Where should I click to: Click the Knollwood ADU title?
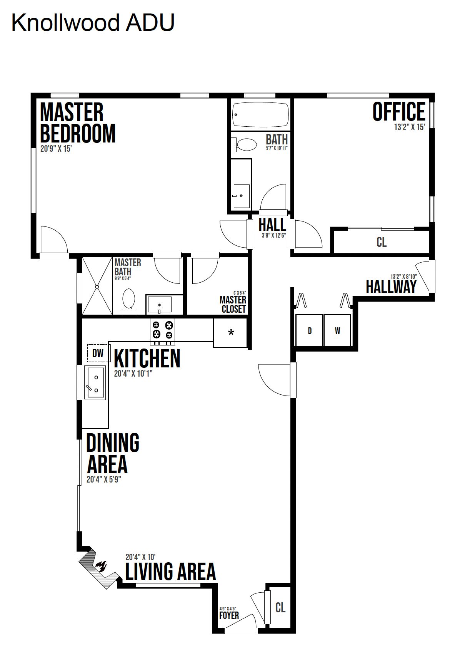click(x=93, y=23)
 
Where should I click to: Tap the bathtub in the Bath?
click(x=260, y=114)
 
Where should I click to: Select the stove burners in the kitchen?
click(x=163, y=330)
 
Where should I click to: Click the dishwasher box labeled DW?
click(x=98, y=353)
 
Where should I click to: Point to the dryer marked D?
click(x=309, y=330)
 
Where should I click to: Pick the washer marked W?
click(x=337, y=330)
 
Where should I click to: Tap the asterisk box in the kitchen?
click(x=230, y=333)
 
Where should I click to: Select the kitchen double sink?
click(x=95, y=382)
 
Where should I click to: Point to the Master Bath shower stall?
click(x=97, y=286)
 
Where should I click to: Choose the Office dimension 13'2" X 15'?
click(x=409, y=127)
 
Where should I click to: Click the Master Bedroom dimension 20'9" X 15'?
click(x=56, y=149)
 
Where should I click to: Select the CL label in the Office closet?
click(x=382, y=242)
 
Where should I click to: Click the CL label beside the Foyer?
click(x=280, y=607)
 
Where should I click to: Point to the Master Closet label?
click(x=233, y=304)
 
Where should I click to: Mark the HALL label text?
click(x=272, y=225)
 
